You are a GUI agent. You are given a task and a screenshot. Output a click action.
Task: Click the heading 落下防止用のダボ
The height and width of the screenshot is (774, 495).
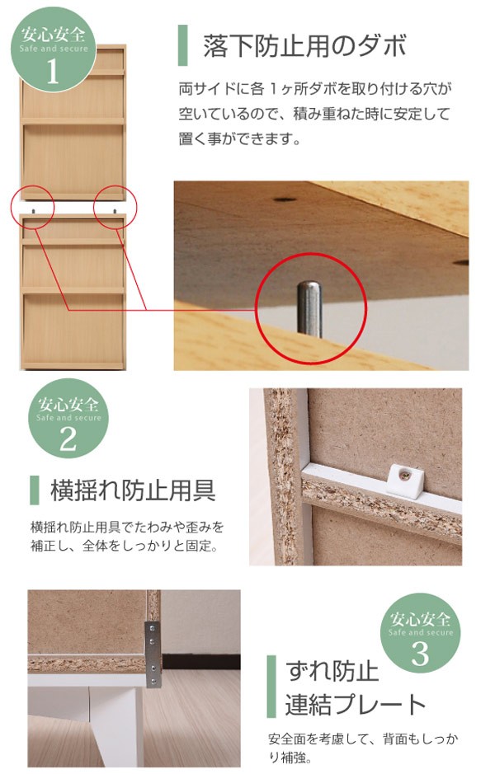(x=304, y=46)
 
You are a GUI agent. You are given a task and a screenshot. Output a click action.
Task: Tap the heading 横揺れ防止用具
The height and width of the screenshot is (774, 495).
(x=133, y=490)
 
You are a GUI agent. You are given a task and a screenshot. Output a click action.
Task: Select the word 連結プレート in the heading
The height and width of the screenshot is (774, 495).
(x=356, y=705)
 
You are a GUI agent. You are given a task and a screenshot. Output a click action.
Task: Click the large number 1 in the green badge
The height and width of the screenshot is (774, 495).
(x=53, y=72)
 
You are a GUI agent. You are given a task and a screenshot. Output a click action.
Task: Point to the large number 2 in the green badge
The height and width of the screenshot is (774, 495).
(x=68, y=439)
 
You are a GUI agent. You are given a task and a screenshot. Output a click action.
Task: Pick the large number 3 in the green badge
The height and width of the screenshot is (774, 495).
(x=420, y=653)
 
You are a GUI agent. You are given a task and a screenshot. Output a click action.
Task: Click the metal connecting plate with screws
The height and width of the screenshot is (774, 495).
(x=153, y=654)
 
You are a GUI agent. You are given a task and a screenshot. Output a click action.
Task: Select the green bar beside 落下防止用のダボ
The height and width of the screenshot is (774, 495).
(x=183, y=45)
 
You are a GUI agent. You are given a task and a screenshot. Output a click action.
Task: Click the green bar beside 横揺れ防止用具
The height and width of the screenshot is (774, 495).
(x=34, y=490)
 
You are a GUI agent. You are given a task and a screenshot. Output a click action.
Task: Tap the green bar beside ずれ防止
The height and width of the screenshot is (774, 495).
(x=271, y=687)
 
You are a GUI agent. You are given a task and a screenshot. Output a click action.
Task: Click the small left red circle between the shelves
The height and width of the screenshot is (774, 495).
(x=33, y=207)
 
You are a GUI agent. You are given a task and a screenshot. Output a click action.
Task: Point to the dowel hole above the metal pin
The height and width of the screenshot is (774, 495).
(x=283, y=201)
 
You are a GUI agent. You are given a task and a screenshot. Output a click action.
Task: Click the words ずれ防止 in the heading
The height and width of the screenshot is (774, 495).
(x=332, y=672)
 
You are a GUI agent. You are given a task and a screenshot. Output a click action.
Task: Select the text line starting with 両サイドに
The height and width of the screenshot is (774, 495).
(x=315, y=89)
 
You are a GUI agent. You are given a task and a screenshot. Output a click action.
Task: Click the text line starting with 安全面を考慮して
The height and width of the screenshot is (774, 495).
(x=363, y=739)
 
